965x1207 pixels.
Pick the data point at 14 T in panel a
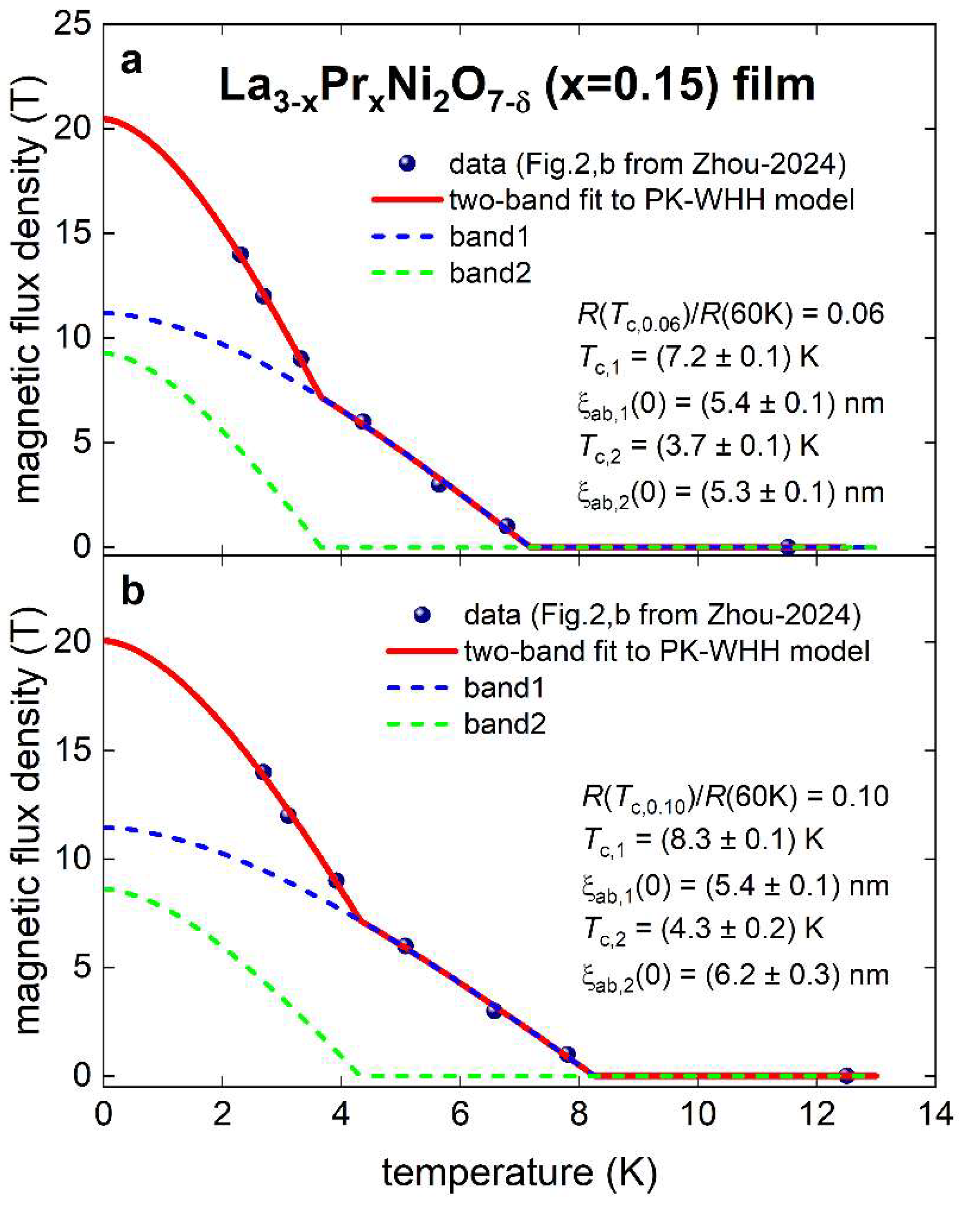[240, 255]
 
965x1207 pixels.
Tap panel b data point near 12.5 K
[847, 1076]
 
